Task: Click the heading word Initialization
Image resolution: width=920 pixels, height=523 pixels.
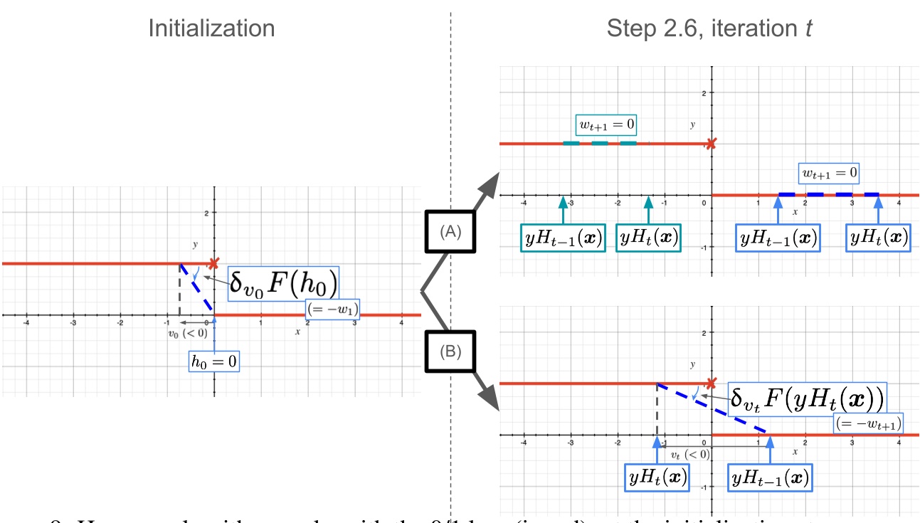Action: click(211, 28)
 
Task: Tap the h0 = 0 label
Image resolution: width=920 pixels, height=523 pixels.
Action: click(214, 361)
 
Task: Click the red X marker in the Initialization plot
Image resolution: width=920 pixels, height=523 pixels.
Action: click(212, 264)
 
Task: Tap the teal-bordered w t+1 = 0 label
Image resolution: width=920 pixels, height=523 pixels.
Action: click(606, 125)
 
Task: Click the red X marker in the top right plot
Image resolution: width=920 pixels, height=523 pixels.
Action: click(710, 144)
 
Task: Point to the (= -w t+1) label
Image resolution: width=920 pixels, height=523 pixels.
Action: click(868, 423)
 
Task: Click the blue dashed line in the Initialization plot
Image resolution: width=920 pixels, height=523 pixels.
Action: click(197, 289)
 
